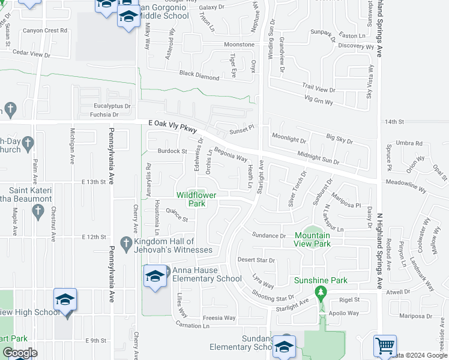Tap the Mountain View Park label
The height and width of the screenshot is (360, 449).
[312, 240]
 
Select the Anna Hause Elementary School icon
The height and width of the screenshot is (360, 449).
[154, 276]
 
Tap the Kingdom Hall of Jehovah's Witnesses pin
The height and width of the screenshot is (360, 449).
[125, 244]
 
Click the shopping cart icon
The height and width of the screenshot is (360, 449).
[385, 346]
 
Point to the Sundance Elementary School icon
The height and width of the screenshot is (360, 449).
[283, 346]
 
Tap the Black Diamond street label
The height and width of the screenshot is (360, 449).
[199, 75]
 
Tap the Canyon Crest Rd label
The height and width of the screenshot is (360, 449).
[45, 31]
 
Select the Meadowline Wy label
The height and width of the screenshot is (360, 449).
[405, 188]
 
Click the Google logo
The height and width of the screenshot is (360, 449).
[20, 353]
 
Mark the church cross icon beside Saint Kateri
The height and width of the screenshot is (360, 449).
[38, 211]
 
